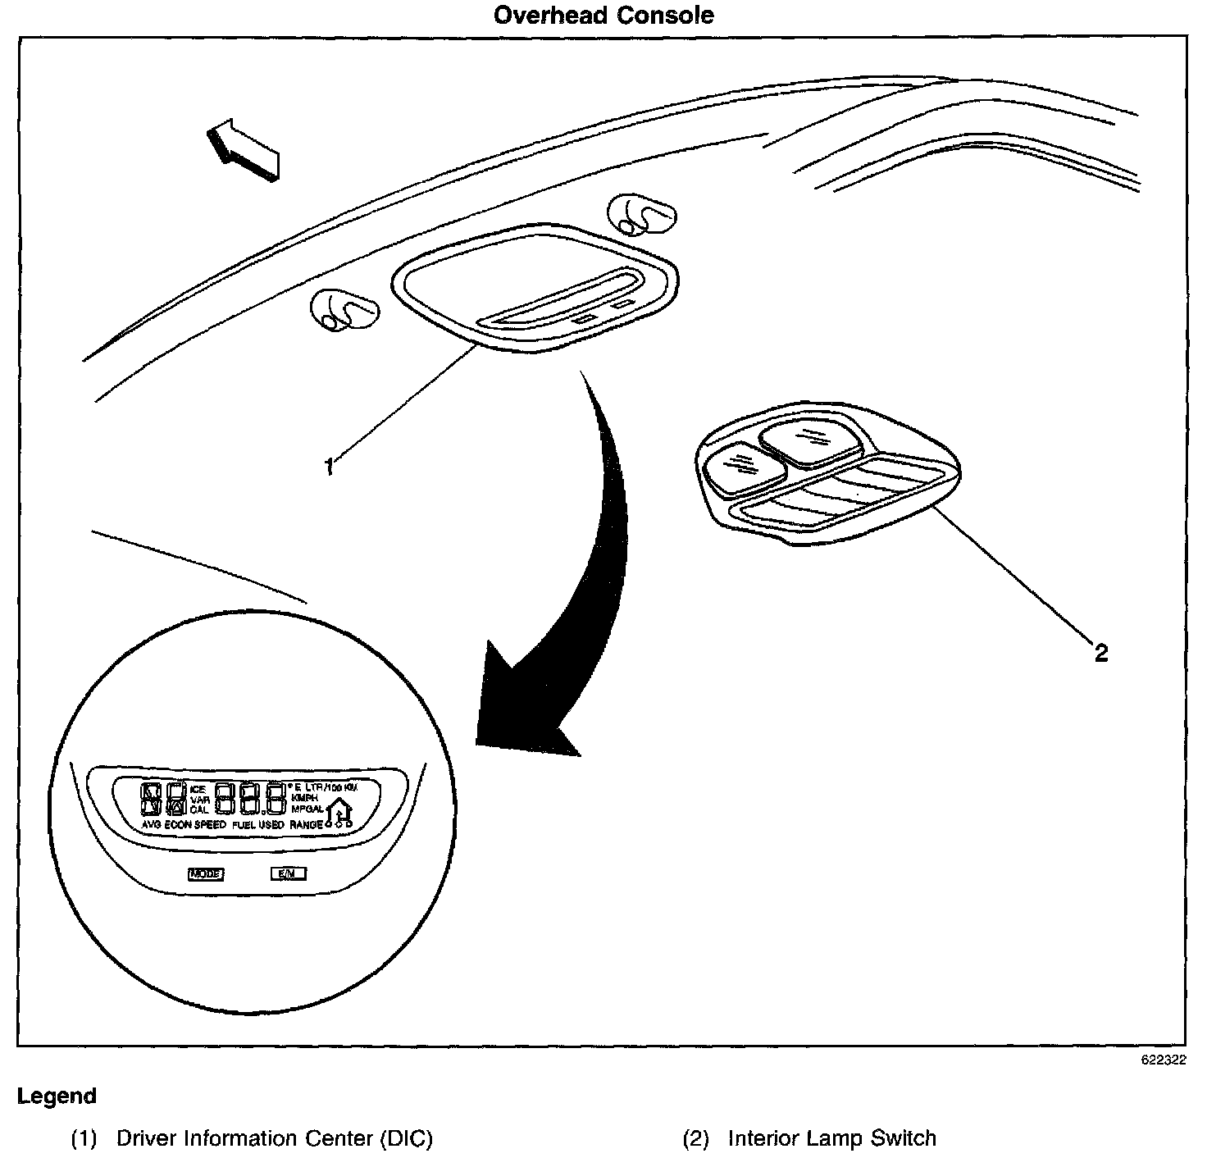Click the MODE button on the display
point(206,874)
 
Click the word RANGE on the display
point(306,825)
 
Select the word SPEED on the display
point(210,825)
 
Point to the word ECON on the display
point(178,825)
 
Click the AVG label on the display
point(151,825)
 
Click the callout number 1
point(329,467)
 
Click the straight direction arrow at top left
point(244,148)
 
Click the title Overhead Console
point(603,16)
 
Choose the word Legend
point(57,1096)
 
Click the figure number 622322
point(1163,1060)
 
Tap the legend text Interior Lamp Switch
point(831,1138)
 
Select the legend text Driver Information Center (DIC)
point(274,1138)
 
